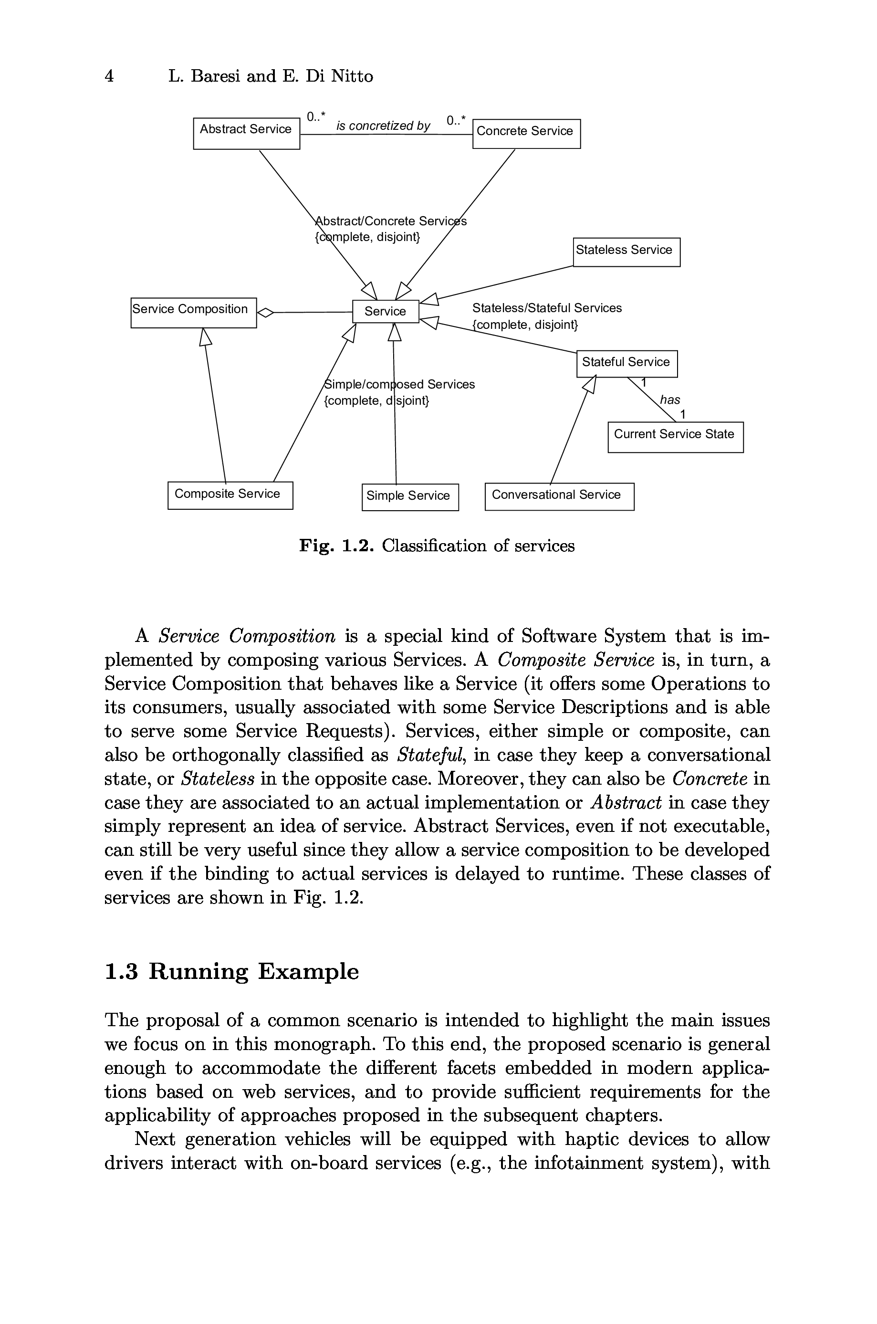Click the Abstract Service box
tap(246, 133)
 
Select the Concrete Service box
tap(526, 134)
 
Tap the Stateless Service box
tap(626, 252)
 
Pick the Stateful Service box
tap(626, 364)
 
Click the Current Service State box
tap(675, 437)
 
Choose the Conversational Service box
tap(559, 496)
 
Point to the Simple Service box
tap(410, 497)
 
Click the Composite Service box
tap(230, 495)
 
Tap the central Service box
tap(386, 312)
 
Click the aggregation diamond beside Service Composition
tap(265, 312)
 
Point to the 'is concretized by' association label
tap(383, 126)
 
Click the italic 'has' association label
tap(670, 399)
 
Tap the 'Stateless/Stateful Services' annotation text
tap(546, 308)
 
